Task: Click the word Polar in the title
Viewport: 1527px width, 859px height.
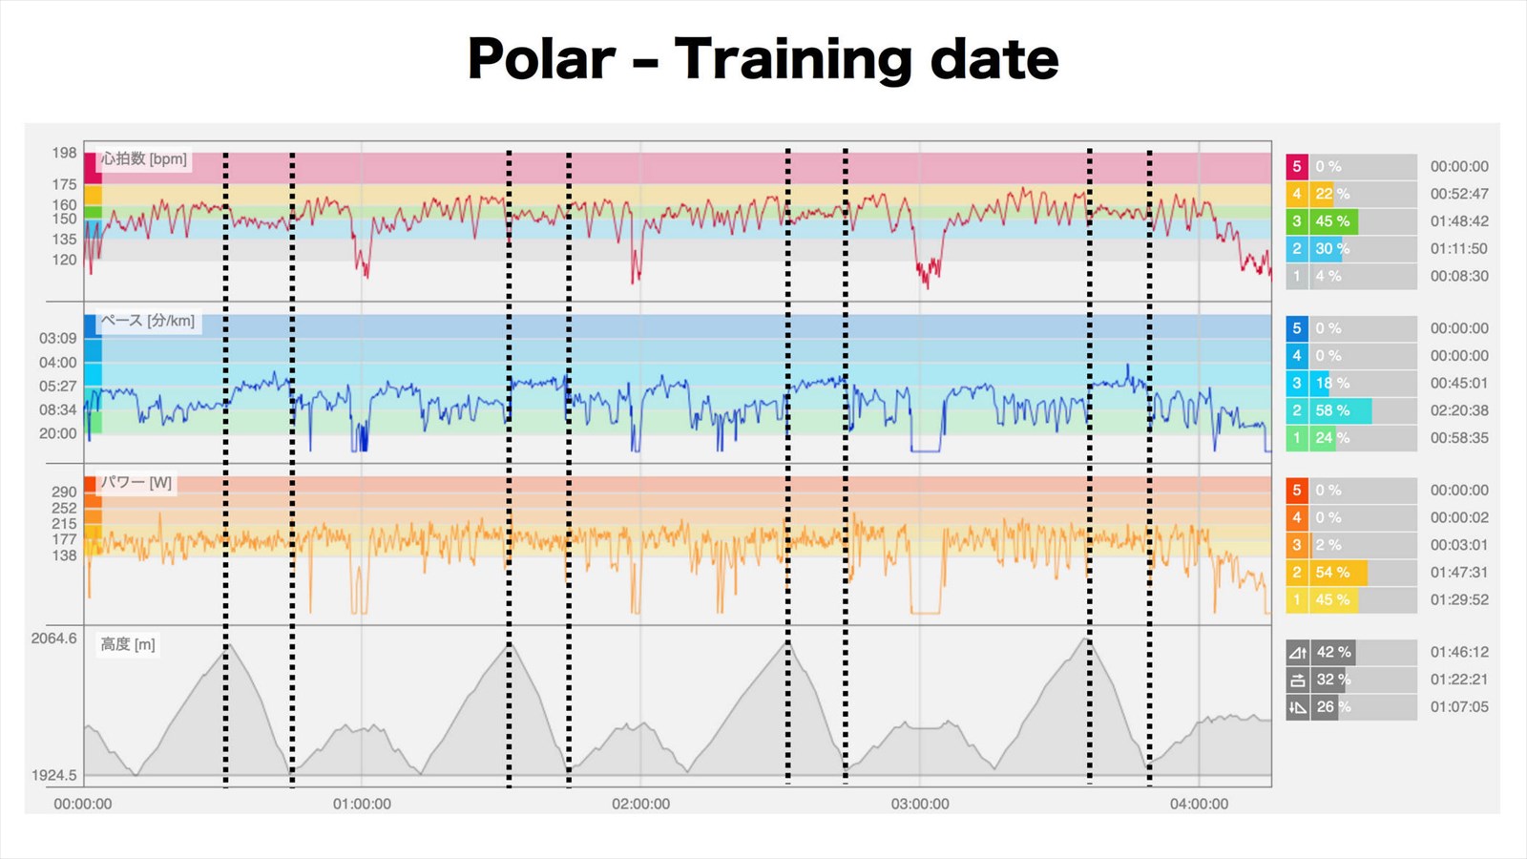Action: coord(541,59)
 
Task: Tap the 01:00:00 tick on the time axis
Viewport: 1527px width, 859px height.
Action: coord(362,804)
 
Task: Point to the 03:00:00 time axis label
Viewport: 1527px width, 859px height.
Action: coord(920,804)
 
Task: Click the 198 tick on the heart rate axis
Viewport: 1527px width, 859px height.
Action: coord(64,153)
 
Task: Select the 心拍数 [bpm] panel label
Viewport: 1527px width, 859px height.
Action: coord(144,158)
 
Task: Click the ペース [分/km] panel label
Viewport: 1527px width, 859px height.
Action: coord(148,321)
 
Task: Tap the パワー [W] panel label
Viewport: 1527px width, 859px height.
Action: coord(136,483)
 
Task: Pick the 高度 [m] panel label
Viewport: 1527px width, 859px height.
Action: coord(128,644)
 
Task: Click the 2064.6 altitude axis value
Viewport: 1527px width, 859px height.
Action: coord(53,639)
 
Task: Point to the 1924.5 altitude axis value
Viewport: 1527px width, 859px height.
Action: coord(53,775)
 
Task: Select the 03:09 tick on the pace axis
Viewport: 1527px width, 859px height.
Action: coord(57,338)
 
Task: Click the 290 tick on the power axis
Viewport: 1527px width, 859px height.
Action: coord(64,492)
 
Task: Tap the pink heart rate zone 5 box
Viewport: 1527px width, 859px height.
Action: coord(1296,166)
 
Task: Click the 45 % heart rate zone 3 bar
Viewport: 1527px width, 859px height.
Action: coord(1333,221)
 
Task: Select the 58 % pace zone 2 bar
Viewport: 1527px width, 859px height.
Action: coord(1340,410)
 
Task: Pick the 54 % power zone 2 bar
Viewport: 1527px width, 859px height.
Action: coord(1338,573)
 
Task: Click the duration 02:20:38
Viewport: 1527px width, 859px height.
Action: coord(1458,410)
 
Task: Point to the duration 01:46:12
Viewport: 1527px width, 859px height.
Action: coord(1458,652)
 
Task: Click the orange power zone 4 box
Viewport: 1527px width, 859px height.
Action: coord(1296,517)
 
